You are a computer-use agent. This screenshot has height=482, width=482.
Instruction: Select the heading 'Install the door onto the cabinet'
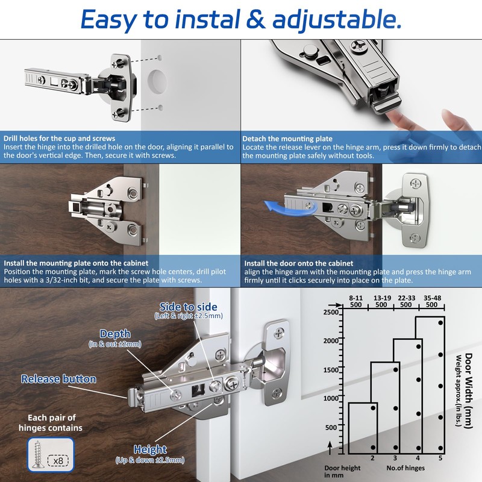tap(298, 263)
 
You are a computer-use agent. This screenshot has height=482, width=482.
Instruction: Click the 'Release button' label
tap(58, 379)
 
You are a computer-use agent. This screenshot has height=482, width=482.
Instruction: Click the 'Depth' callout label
tap(114, 334)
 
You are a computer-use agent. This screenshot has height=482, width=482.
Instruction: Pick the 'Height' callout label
tap(150, 449)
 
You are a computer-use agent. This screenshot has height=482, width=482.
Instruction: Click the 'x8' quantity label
tap(59, 460)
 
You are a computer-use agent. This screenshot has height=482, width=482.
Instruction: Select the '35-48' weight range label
tap(433, 297)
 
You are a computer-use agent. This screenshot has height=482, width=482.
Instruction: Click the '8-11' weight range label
tap(355, 297)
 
